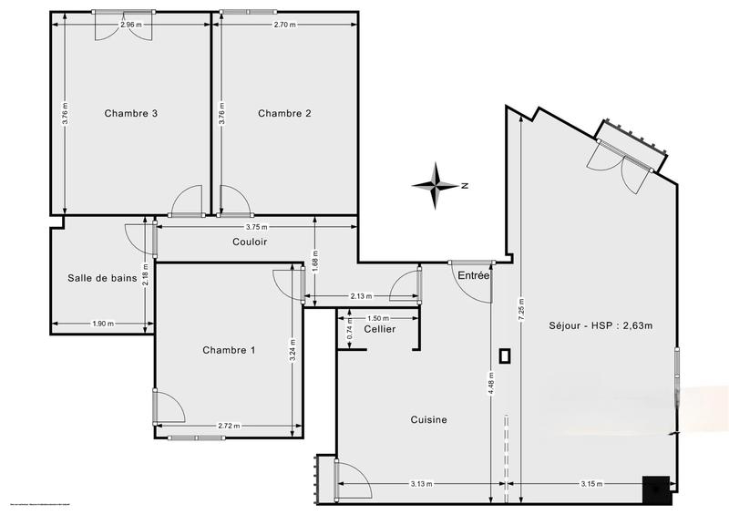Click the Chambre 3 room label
[x=131, y=114]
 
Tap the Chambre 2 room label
[x=284, y=114]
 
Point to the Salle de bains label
[x=102, y=278]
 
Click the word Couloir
[x=249, y=242]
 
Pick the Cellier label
[x=379, y=328]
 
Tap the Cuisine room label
[x=428, y=419]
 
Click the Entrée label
[x=474, y=275]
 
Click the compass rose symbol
[x=438, y=185]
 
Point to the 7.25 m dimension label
[x=520, y=310]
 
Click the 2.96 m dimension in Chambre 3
[x=132, y=25]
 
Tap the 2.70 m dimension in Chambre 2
[x=285, y=25]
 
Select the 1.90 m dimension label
[x=103, y=324]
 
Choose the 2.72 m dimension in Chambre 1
[x=230, y=426]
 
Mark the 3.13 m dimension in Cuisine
[x=420, y=484]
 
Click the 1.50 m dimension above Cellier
[x=378, y=318]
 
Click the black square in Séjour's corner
[x=655, y=489]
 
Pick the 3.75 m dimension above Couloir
[x=259, y=227]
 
